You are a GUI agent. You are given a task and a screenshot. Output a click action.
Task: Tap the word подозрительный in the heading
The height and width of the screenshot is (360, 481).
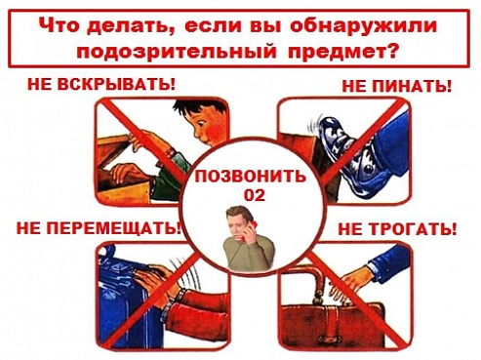(x=176, y=52)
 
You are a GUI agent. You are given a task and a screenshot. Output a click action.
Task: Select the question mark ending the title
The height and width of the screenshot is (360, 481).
(x=392, y=51)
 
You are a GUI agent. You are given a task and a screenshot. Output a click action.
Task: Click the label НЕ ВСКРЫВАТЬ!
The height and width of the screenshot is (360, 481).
(x=101, y=85)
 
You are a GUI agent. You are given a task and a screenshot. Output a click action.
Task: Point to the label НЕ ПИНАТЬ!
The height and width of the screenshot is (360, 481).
(x=397, y=86)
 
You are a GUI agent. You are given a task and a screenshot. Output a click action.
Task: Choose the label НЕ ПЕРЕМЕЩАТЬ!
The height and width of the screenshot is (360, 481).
(x=99, y=228)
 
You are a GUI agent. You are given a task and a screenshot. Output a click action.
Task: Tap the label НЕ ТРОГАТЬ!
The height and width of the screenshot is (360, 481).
(x=397, y=229)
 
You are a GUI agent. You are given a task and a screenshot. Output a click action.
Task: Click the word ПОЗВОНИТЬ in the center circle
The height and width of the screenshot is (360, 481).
(x=250, y=178)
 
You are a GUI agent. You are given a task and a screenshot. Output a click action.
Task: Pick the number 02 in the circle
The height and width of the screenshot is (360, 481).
(x=255, y=195)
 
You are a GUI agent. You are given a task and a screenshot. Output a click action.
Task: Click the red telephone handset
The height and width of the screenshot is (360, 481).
(x=250, y=230)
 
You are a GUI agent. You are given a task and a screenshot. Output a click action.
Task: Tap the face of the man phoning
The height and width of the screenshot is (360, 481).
(x=238, y=223)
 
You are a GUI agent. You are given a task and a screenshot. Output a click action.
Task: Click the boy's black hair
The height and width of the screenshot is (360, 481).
(x=198, y=109)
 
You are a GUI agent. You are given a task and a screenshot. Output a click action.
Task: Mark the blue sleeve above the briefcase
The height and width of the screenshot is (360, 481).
(x=389, y=262)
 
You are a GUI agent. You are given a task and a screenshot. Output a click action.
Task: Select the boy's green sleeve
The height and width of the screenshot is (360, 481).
(x=167, y=176)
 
